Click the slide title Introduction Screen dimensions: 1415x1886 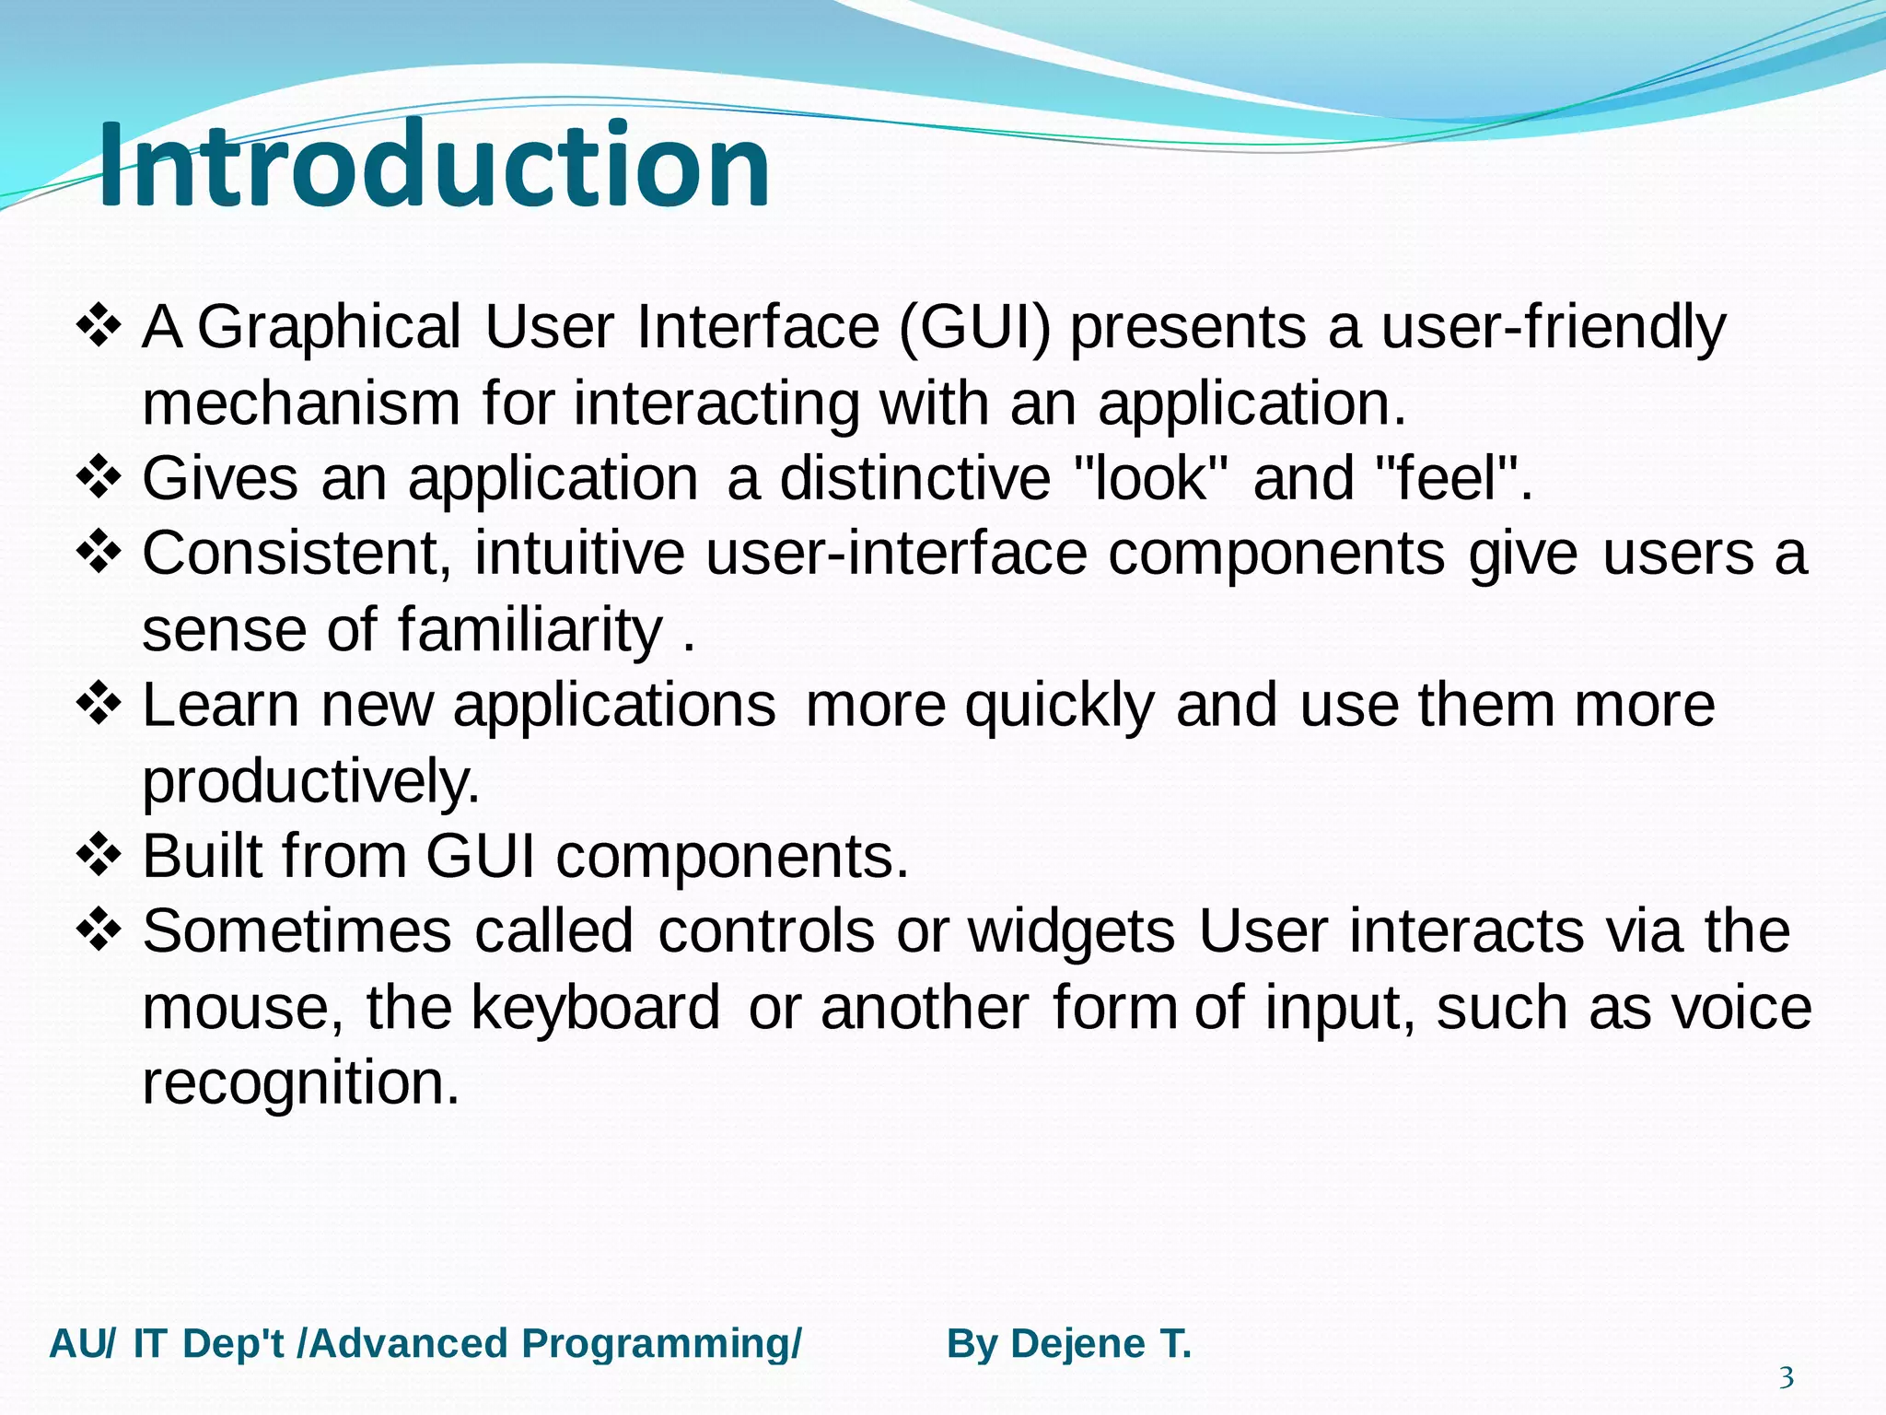[433, 166]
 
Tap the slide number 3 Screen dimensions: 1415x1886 [1786, 1378]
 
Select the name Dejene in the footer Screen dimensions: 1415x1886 [1077, 1344]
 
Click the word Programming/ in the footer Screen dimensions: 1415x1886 [661, 1344]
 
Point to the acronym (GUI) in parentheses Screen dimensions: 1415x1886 [974, 328]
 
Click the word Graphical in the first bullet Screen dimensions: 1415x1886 [329, 328]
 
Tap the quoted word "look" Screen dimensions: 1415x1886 [1151, 478]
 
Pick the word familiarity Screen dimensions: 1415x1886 [530, 630]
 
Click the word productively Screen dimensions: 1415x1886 [310, 782]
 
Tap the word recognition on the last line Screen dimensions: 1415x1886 [300, 1082]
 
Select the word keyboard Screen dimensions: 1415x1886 [596, 1007]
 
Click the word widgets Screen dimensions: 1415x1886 [1071, 931]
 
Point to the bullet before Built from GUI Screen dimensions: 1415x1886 [99, 855]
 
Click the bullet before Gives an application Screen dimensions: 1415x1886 [99, 477]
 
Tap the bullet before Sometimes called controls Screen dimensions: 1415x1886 [99, 930]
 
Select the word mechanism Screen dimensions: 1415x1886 [301, 403]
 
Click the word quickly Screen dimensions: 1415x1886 [1059, 707]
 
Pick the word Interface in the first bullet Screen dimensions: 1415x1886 [758, 328]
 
